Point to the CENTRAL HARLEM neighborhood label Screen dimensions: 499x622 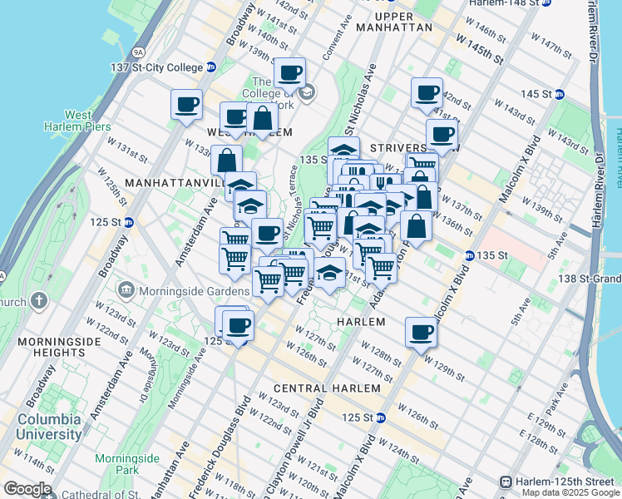coord(327,388)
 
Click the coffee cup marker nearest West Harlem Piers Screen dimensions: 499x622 coord(187,105)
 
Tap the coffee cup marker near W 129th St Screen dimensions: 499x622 coord(421,332)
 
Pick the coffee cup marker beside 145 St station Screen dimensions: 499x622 coord(427,92)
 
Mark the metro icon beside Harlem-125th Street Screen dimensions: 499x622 coord(505,482)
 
